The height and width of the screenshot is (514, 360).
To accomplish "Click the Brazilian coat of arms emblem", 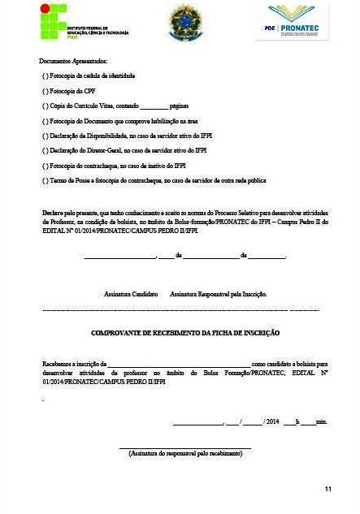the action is (182, 23).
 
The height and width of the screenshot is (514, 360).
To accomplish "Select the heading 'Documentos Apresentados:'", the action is (73, 61).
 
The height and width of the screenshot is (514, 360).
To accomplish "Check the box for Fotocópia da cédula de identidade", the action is (44, 76).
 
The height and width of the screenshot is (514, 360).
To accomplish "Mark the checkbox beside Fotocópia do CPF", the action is (44, 90).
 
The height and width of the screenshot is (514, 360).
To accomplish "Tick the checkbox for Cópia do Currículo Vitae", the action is (44, 106).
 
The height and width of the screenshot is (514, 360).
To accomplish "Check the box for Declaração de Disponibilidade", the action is (44, 136).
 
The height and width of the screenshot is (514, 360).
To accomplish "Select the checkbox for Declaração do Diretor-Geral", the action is (44, 150).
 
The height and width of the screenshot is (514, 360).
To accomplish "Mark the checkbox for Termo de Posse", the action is (44, 180).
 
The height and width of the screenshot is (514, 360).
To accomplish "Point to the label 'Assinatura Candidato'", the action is (131, 294).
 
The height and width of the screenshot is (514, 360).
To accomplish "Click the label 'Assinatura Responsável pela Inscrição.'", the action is (219, 294).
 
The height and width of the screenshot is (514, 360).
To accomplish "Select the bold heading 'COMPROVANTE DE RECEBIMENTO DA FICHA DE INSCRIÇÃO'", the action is (185, 333).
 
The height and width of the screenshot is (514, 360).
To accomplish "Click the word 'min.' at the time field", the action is (322, 422).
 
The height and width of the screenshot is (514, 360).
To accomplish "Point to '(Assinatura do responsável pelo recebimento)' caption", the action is (185, 453).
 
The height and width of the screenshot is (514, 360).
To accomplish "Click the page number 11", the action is (327, 488).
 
